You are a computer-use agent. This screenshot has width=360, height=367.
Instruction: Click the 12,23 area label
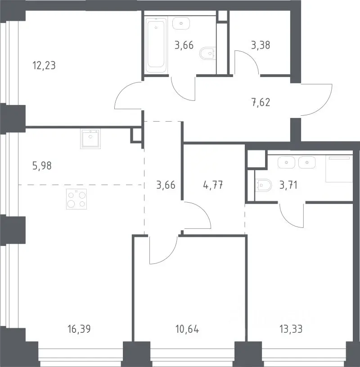click(44, 66)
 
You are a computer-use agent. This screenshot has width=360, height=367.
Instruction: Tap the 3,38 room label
click(261, 45)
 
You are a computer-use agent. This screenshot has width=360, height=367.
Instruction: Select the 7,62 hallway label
click(261, 103)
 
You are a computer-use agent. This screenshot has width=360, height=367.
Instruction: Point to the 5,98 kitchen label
click(42, 166)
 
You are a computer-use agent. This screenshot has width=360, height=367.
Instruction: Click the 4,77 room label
click(213, 185)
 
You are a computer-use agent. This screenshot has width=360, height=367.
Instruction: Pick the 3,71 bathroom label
click(288, 185)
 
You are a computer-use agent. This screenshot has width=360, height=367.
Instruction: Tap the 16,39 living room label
click(79, 329)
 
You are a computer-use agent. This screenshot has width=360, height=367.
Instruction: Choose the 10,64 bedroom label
click(187, 329)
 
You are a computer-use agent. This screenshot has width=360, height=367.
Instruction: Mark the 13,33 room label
click(291, 329)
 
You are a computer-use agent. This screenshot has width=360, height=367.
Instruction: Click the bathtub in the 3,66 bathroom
click(156, 45)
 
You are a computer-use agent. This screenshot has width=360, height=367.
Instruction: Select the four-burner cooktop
click(76, 199)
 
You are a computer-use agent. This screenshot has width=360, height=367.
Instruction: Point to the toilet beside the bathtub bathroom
click(208, 54)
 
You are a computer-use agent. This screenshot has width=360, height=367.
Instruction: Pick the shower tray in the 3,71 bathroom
click(339, 168)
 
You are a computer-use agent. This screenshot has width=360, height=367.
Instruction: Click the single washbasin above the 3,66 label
click(181, 23)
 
